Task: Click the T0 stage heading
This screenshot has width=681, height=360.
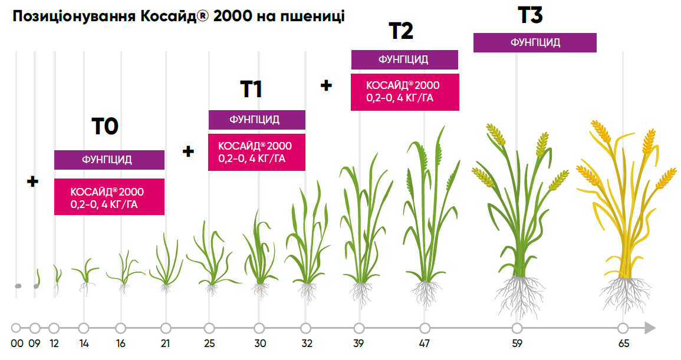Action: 105,126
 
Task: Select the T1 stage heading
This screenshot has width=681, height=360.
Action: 251,89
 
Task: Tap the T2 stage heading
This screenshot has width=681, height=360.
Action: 401,31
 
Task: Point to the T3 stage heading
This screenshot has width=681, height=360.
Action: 530,15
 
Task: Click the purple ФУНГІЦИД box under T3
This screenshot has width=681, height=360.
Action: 535,42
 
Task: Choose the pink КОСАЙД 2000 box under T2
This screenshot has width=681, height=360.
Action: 404,91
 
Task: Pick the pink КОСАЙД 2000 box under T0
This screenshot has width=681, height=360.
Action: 109,197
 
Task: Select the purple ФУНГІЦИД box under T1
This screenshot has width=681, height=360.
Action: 256,120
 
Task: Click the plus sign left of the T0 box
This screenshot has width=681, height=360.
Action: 33,181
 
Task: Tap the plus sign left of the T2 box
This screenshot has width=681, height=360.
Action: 326,85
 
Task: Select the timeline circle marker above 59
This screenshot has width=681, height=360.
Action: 517,328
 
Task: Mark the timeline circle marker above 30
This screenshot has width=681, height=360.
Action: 259,328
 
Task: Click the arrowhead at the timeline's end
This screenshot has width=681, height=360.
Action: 650,328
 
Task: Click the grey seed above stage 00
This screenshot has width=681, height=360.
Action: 18,286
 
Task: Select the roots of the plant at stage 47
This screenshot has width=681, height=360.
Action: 425,293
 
